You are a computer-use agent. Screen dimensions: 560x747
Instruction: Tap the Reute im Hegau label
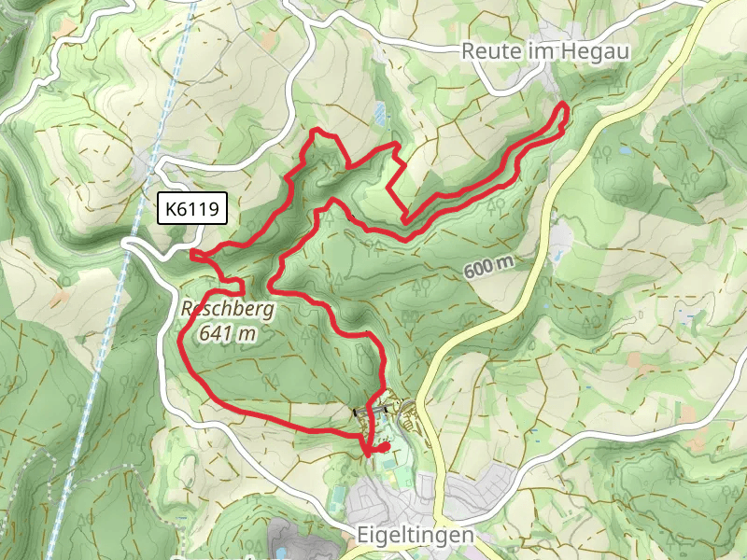click(x=529, y=52)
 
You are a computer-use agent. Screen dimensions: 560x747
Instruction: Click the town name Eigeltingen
click(x=416, y=537)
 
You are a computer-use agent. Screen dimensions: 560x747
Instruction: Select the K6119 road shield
click(x=191, y=210)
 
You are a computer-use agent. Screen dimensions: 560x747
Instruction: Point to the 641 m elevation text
click(x=227, y=332)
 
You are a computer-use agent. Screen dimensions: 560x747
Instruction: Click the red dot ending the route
click(x=383, y=448)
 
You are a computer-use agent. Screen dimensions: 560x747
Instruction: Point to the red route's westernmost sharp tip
click(x=192, y=253)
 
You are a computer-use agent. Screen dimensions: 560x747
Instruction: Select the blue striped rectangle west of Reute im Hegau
click(x=378, y=113)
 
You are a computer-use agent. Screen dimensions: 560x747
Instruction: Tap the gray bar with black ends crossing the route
click(x=370, y=409)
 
